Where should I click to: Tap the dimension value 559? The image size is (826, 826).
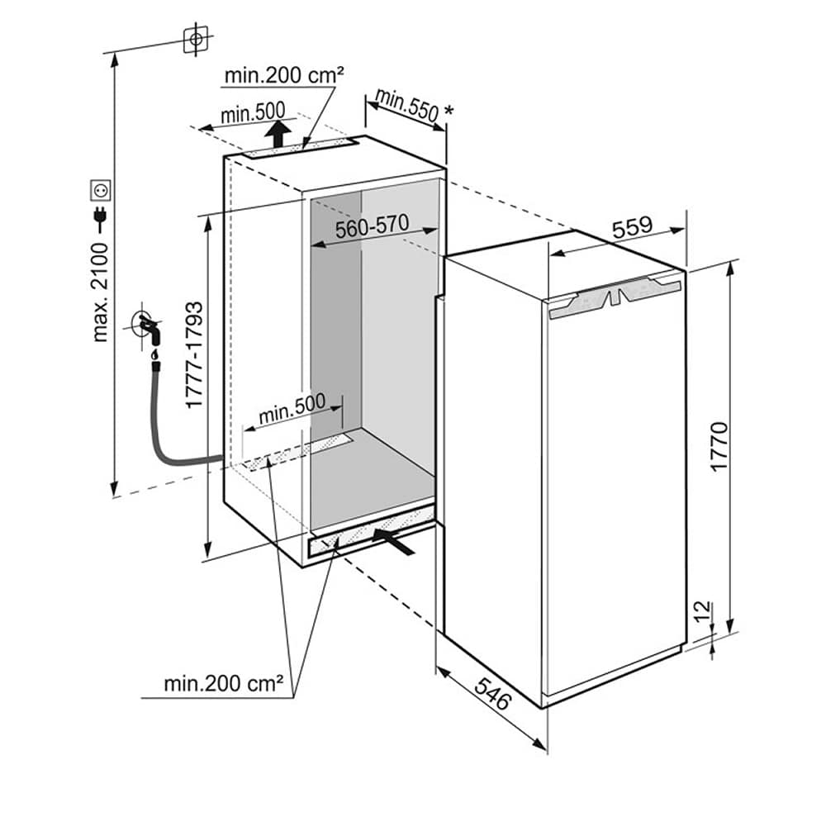633,227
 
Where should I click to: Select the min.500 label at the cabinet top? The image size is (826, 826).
252,112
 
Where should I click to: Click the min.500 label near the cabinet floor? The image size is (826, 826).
292,409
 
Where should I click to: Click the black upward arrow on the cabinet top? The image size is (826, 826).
281,131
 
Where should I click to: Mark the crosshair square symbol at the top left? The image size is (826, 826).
195,39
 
